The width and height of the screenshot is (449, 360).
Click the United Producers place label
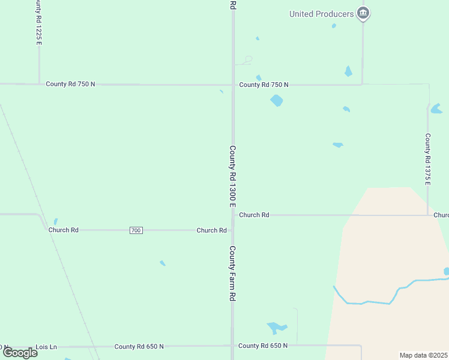pyautogui.click(x=322, y=14)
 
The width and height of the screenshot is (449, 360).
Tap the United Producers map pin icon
pyautogui.click(x=363, y=13)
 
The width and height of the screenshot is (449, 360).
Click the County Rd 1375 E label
pyautogui.click(x=428, y=159)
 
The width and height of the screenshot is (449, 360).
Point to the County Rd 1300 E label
pyautogui.click(x=233, y=177)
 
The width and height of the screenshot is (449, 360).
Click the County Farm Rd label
pyautogui.click(x=232, y=273)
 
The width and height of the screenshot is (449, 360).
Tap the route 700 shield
pyautogui.click(x=136, y=230)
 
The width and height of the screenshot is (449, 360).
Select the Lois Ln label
pyautogui.click(x=46, y=347)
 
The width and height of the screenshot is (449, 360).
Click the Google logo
pyautogui.click(x=20, y=353)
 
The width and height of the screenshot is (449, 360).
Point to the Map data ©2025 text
pyautogui.click(x=423, y=355)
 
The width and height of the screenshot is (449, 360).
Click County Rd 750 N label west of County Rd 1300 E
pyautogui.click(x=70, y=84)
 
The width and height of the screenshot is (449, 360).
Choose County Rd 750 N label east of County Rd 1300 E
pyautogui.click(x=264, y=85)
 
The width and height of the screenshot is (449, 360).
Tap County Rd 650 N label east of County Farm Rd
pyautogui.click(x=263, y=346)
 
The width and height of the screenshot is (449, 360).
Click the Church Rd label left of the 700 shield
pyautogui.click(x=64, y=230)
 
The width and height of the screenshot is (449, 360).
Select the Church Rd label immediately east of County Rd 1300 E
pyautogui.click(x=254, y=214)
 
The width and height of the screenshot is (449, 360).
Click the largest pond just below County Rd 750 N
pyautogui.click(x=276, y=100)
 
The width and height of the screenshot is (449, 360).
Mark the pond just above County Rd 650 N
pyautogui.click(x=276, y=328)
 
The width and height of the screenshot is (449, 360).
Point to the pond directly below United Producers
pyautogui.click(x=348, y=71)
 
